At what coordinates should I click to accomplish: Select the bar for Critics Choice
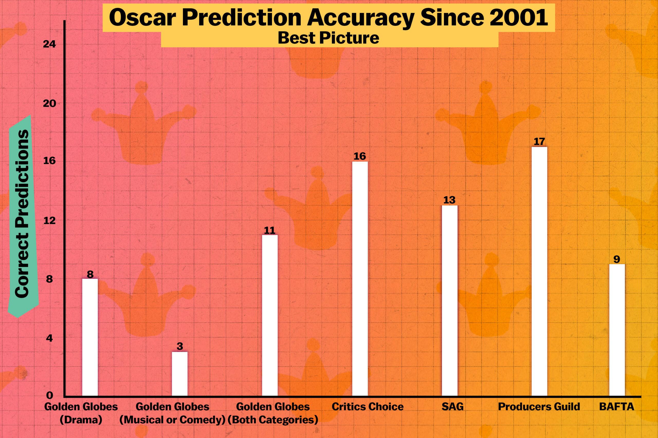[x=360, y=278]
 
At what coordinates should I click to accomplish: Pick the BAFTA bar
[x=617, y=330]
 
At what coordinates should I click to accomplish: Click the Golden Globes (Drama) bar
[x=90, y=337]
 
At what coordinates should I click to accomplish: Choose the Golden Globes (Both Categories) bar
[x=270, y=315]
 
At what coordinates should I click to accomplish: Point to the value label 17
[x=539, y=141]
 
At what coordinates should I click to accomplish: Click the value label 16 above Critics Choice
[x=360, y=156]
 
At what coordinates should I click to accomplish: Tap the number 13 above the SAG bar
[x=450, y=200]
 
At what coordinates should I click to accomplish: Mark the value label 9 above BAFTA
[x=617, y=259]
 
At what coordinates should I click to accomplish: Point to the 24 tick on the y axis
[x=49, y=45]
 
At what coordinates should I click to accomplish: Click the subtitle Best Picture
[x=328, y=38]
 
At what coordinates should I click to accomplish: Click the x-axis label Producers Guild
[x=539, y=407]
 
